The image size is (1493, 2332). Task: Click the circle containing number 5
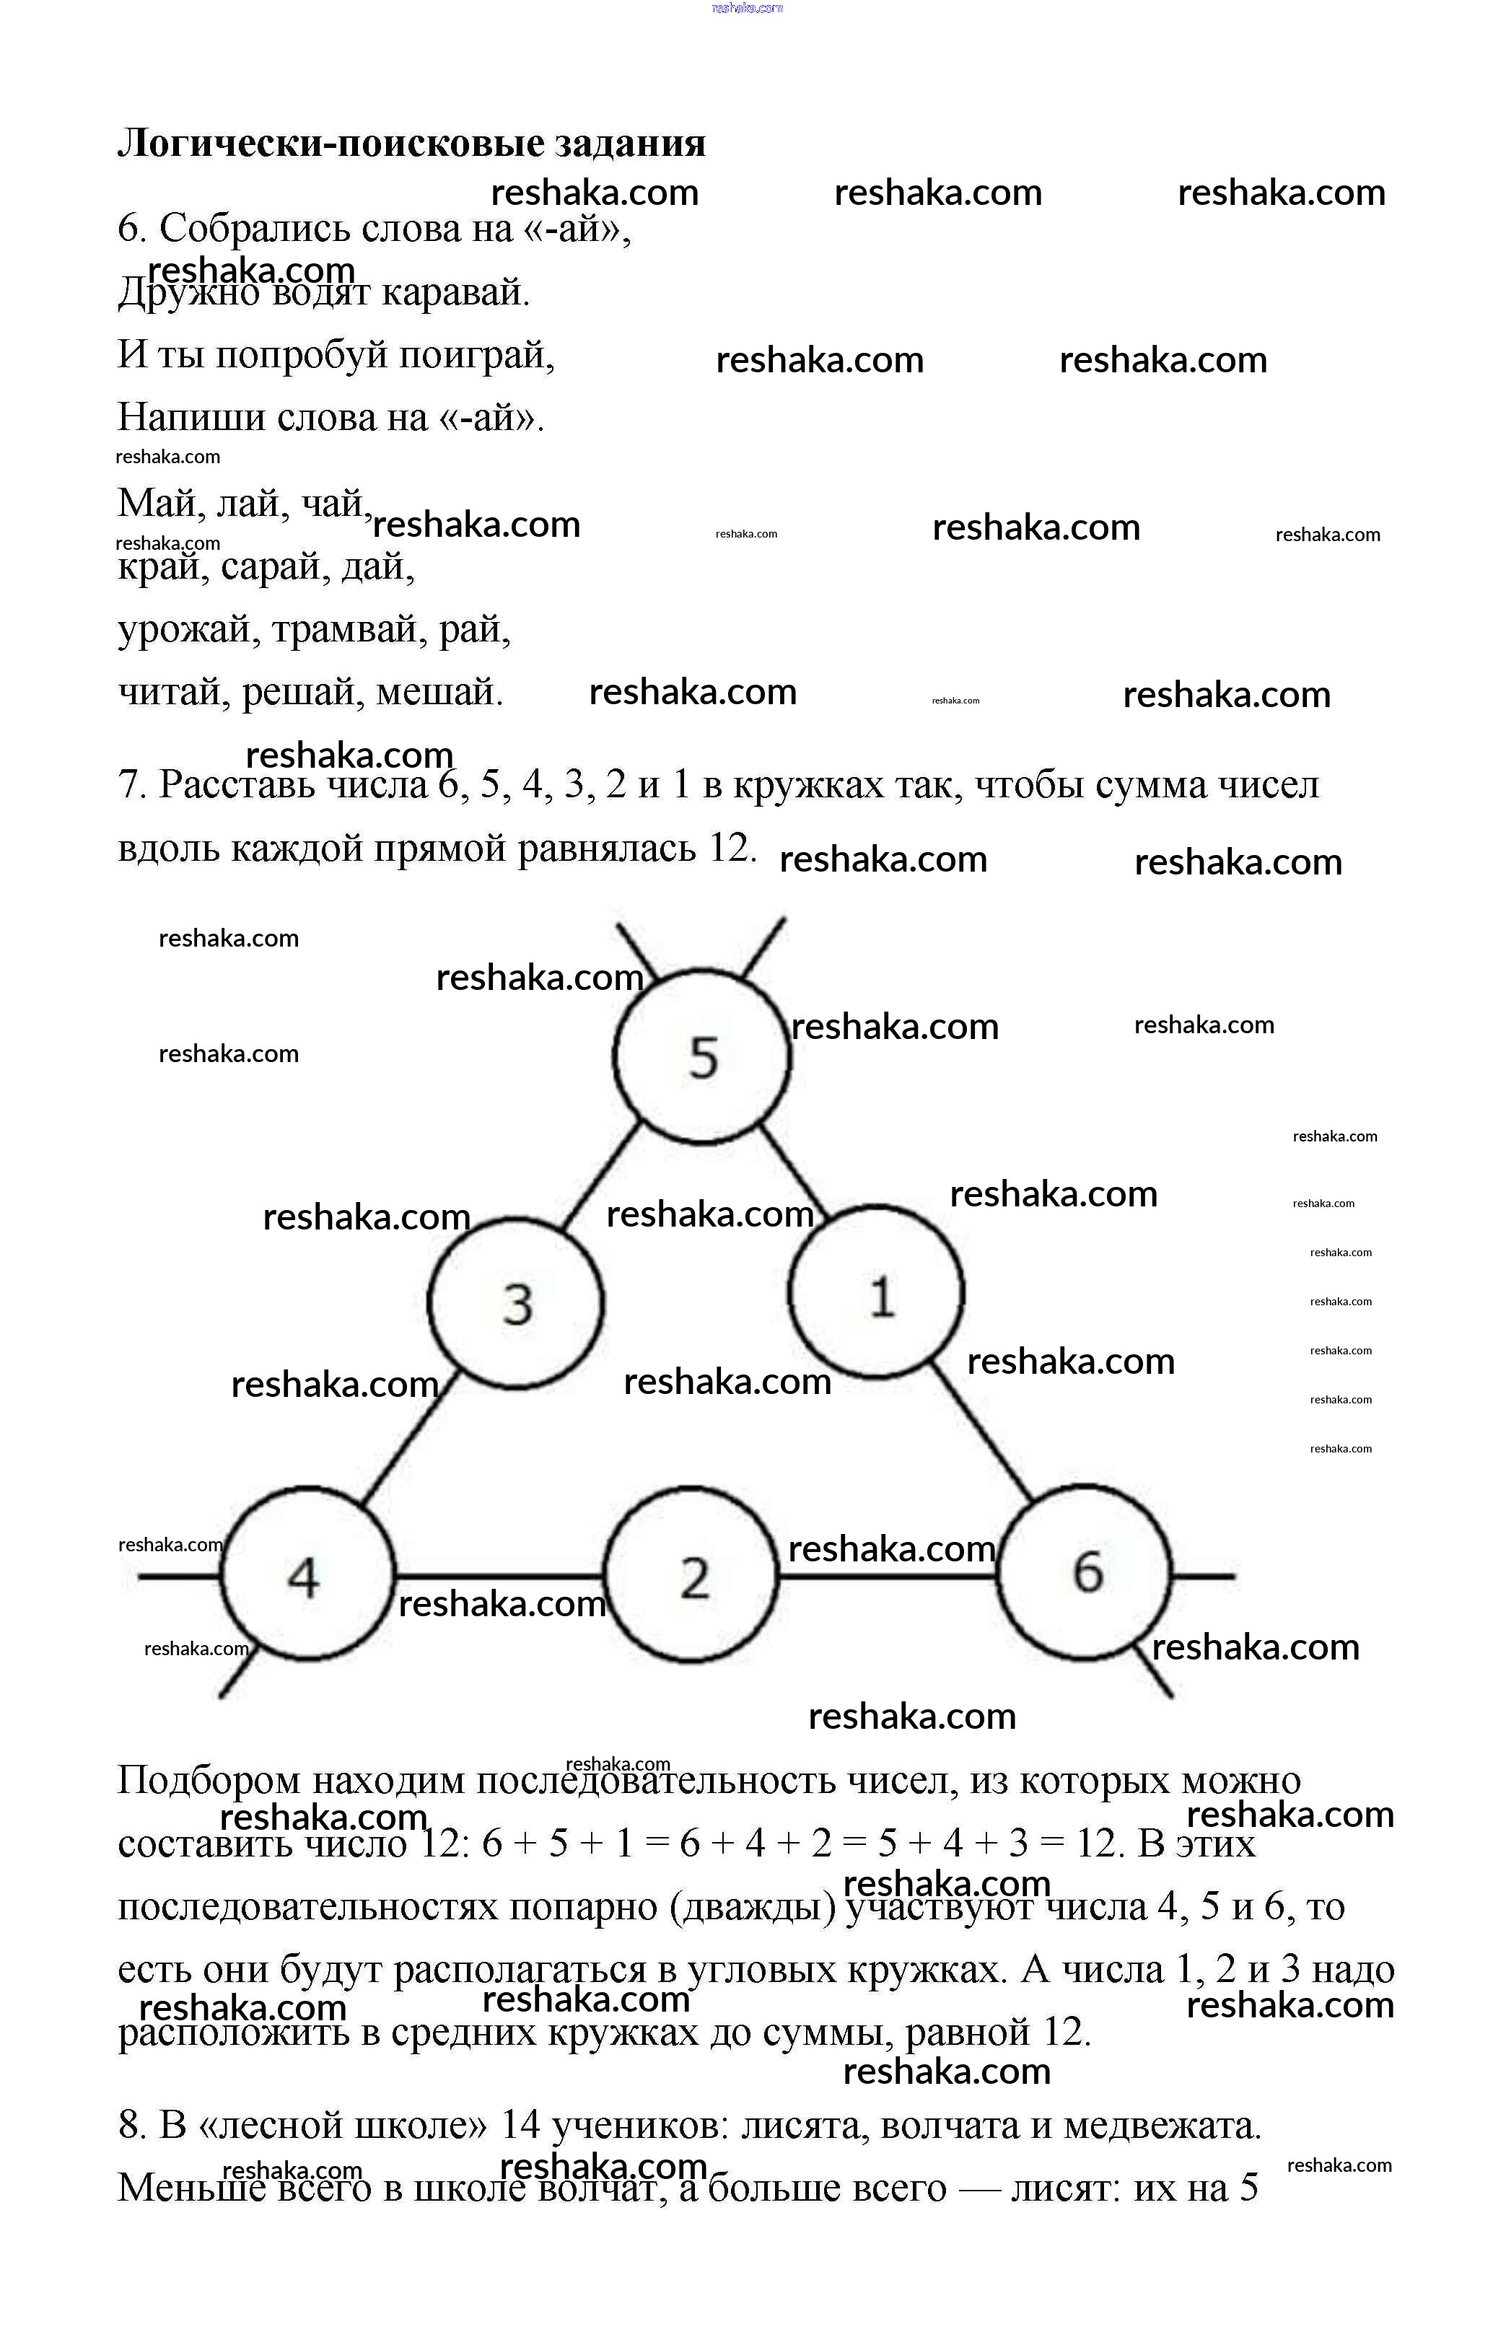[702, 1056]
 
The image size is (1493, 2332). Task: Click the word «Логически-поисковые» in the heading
[330, 142]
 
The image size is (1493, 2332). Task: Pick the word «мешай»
[438, 692]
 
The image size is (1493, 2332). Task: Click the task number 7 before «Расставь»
[130, 784]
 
